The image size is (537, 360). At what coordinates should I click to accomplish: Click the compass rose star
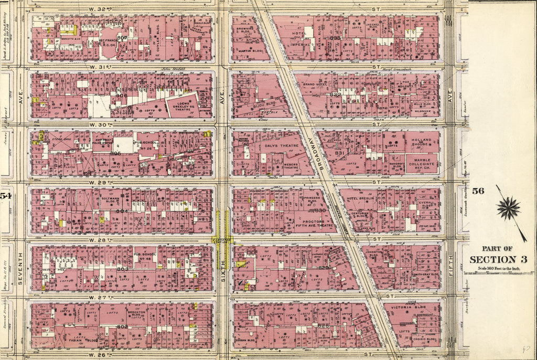508,208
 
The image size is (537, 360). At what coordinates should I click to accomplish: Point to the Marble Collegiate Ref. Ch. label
422,165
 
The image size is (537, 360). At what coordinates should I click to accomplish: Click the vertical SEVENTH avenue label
20,268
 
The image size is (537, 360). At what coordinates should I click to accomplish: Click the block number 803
122,269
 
